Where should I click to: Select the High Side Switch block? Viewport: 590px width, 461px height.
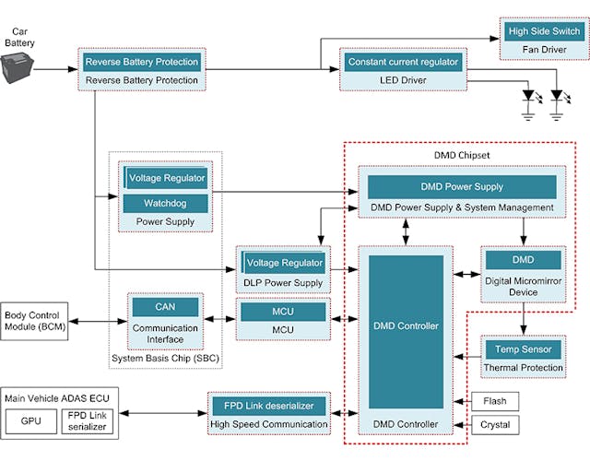tap(545, 31)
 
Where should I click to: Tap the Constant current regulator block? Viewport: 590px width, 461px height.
tap(402, 62)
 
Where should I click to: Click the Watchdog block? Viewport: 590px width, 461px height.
tap(167, 202)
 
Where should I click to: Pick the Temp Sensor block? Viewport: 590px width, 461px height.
tap(524, 349)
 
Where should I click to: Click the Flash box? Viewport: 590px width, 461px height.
tap(494, 400)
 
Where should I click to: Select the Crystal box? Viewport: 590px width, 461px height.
tap(494, 427)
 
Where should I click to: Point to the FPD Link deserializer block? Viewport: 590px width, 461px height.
tap(269, 406)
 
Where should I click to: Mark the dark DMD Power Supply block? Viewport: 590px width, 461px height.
tap(462, 186)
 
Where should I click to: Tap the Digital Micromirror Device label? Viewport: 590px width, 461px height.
tap(524, 288)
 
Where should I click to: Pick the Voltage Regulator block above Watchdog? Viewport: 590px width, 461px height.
tap(167, 177)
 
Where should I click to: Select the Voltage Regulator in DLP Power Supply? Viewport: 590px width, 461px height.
tap(284, 263)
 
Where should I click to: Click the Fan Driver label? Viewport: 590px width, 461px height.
tap(545, 49)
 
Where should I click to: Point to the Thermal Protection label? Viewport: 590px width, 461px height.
tap(524, 368)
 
